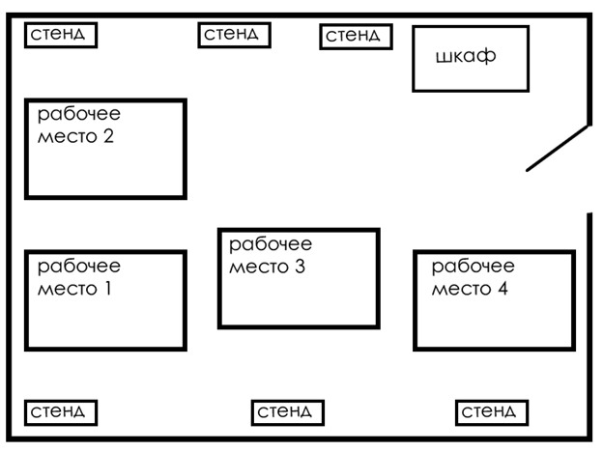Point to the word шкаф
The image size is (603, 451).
[x=465, y=56]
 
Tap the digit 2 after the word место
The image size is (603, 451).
[x=107, y=136]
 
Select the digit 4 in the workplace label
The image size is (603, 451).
[x=501, y=288]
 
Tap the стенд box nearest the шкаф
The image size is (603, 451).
[x=357, y=37]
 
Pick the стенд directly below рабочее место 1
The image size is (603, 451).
[x=61, y=412]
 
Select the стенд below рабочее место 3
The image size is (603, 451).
[x=287, y=412]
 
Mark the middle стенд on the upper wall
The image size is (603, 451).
[x=234, y=35]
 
